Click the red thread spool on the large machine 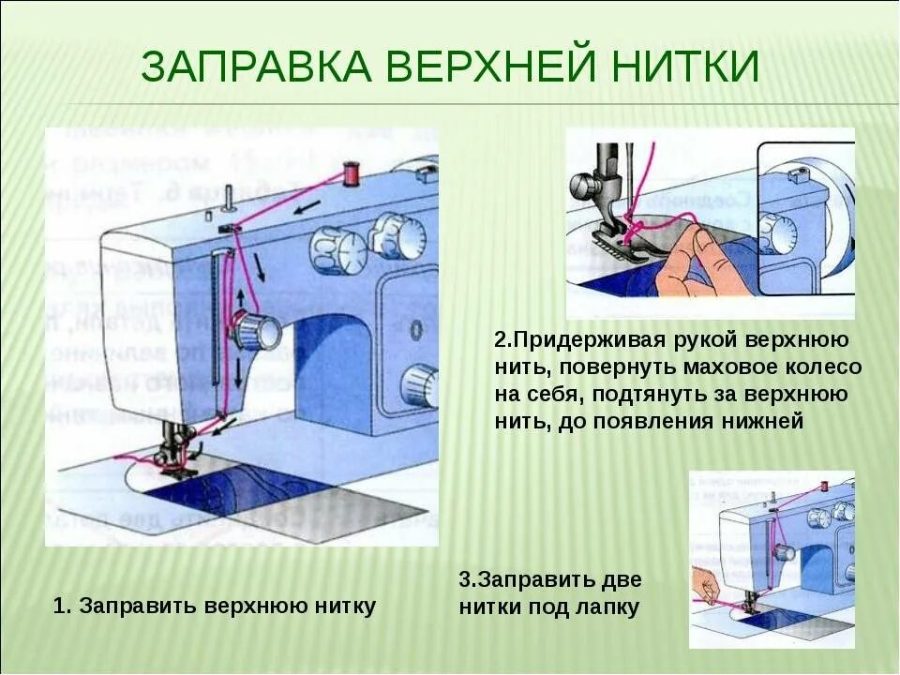click(352, 172)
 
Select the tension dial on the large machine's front click(258, 331)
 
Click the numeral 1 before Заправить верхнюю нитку click(61, 606)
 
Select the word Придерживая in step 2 click(581, 338)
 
